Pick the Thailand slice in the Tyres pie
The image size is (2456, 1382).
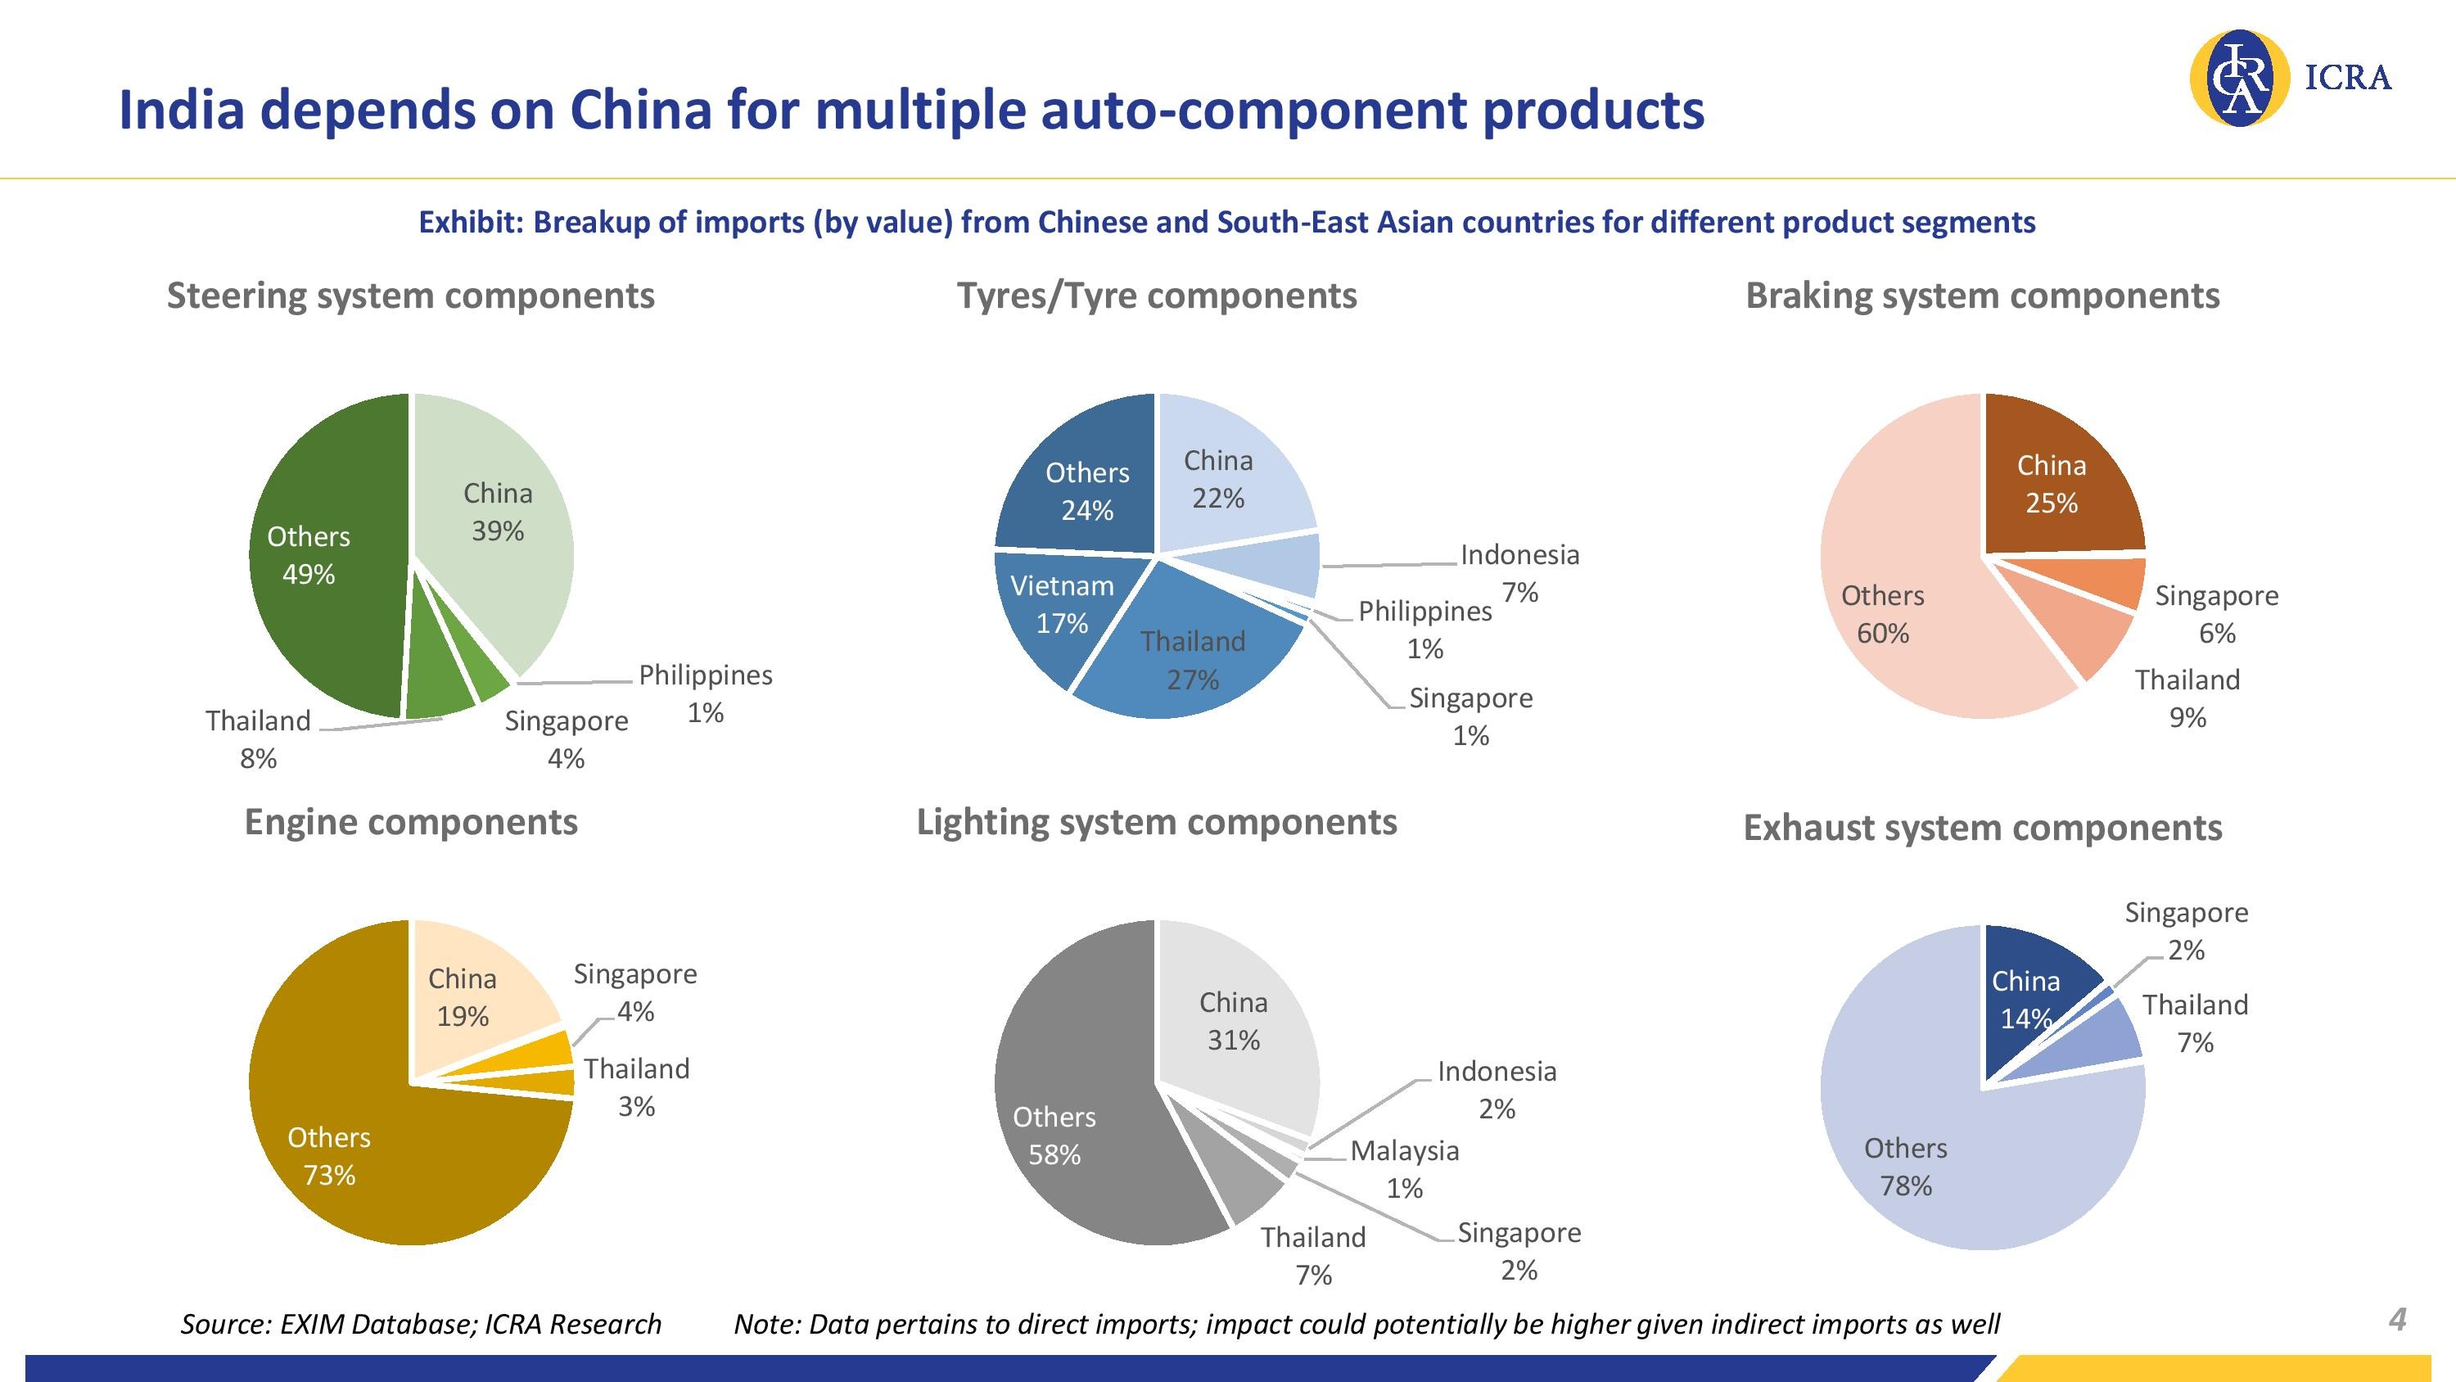[x=1192, y=658]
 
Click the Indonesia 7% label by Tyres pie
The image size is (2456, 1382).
[x=1519, y=572]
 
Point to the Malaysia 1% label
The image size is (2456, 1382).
[x=1404, y=1168]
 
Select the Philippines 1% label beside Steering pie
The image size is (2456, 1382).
[x=706, y=693]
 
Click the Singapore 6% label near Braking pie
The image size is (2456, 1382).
[x=2217, y=613]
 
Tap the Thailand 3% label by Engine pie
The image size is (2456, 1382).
[x=636, y=1086]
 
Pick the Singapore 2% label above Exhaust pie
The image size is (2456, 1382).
[x=2186, y=930]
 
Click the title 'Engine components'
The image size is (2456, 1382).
[x=411, y=822]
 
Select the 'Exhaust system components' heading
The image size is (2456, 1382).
[x=1982, y=827]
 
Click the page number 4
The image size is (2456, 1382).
[x=2398, y=1319]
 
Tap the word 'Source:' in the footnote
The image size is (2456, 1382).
[x=225, y=1324]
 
